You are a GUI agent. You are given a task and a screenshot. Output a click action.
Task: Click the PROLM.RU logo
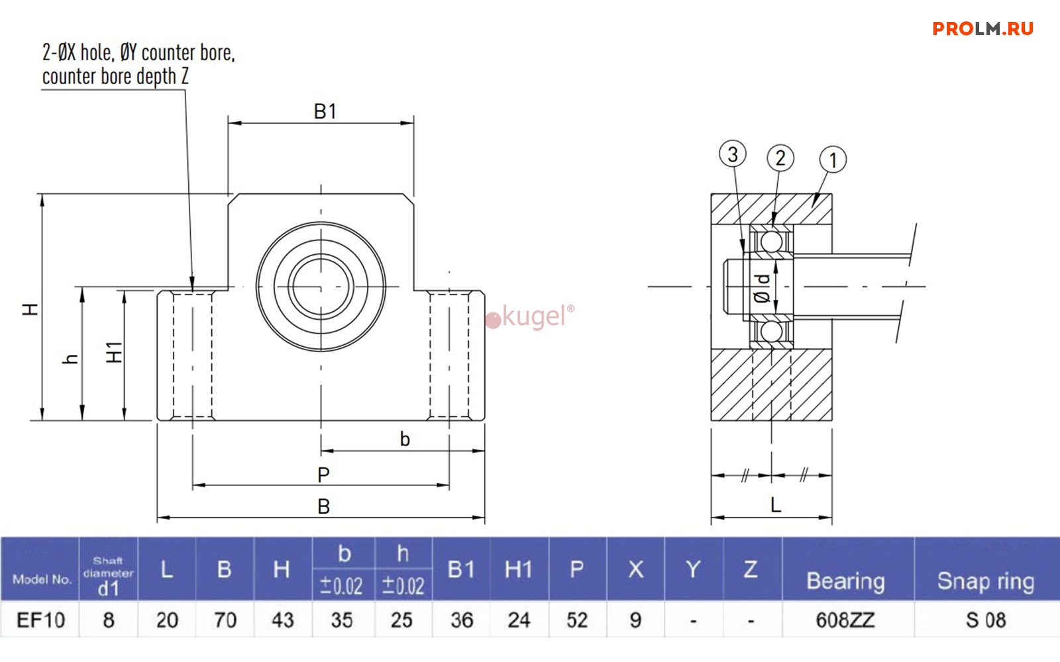click(x=982, y=28)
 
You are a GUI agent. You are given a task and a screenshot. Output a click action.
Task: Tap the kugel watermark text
click(x=533, y=316)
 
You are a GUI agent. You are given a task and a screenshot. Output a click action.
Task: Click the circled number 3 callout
click(x=732, y=154)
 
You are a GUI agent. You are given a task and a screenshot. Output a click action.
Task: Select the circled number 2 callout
click(x=780, y=158)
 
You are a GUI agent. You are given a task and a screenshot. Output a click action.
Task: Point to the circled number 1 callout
click(x=833, y=160)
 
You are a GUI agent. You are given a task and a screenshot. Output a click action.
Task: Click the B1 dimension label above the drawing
click(x=325, y=111)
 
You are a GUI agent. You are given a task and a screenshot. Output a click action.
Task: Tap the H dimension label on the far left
click(x=30, y=309)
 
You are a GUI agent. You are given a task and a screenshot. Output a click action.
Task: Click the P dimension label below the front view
click(x=323, y=474)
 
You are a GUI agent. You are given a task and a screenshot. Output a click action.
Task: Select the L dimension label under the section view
click(x=776, y=505)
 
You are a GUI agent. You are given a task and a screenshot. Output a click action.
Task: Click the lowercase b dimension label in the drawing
click(x=405, y=439)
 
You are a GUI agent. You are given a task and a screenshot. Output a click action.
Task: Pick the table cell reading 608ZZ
click(x=845, y=620)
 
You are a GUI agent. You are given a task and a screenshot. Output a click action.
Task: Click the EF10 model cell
click(x=40, y=620)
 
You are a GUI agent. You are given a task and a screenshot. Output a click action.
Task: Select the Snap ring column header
click(x=985, y=581)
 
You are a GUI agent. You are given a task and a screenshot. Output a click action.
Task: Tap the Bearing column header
click(x=845, y=581)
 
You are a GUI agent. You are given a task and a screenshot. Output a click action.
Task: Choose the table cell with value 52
click(x=576, y=620)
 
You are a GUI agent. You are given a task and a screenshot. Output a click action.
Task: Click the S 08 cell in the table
click(x=985, y=620)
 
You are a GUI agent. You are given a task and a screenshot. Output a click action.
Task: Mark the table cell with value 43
click(x=282, y=620)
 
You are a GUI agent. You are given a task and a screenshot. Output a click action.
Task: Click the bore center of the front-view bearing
click(x=321, y=287)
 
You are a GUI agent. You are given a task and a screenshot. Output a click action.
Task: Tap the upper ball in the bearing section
click(x=771, y=241)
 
